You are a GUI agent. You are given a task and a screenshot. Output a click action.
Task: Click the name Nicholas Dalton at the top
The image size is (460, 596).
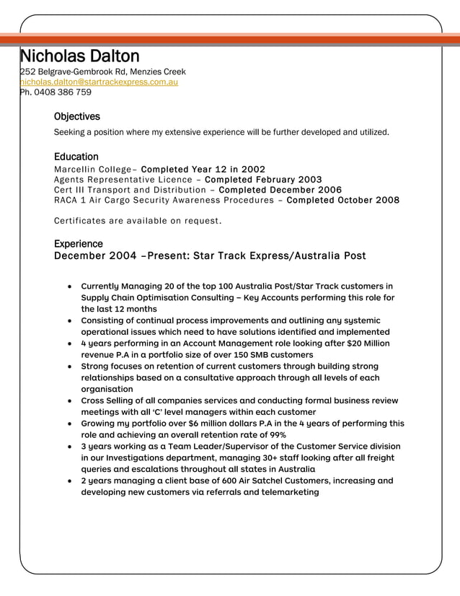(79, 56)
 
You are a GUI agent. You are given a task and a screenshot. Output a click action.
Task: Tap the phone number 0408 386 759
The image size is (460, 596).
(61, 92)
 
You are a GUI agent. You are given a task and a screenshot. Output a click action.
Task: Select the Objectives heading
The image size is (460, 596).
(77, 117)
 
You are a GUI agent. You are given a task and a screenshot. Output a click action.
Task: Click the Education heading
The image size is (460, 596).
(76, 157)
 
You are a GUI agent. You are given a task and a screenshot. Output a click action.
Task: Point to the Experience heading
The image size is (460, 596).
(79, 244)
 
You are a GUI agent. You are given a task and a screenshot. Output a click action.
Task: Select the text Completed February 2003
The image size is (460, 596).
(263, 180)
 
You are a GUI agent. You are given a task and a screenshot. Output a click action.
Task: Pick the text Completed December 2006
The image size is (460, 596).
(280, 190)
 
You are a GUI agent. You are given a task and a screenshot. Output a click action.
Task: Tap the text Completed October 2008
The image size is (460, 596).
(342, 200)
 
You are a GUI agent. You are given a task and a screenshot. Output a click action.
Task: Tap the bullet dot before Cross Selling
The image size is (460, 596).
(68, 400)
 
